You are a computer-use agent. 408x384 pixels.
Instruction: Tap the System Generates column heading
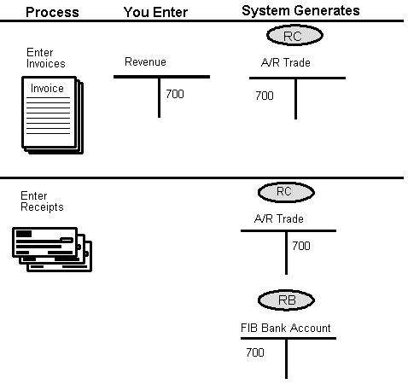300,10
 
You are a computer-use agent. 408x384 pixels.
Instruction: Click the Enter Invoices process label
45,58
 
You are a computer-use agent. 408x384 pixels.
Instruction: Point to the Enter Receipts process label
42,201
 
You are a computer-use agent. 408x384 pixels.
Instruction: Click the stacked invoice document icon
49,115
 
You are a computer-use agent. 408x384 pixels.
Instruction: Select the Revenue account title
145,62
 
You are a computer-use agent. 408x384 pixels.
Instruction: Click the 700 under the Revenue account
174,94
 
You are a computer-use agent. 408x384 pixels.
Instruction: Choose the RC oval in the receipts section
284,191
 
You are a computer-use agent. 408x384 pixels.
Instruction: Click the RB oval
287,300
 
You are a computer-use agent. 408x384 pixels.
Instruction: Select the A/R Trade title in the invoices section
285,63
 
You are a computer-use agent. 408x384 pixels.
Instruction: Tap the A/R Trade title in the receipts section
278,218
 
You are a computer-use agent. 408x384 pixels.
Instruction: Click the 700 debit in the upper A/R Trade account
265,96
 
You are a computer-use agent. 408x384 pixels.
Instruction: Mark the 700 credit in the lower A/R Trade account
300,246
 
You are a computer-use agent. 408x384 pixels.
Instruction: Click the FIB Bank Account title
285,328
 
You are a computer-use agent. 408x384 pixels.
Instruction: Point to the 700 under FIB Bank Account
254,352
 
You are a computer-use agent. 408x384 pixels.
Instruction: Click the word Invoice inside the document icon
47,89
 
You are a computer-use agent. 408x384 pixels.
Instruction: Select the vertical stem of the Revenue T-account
159,97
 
